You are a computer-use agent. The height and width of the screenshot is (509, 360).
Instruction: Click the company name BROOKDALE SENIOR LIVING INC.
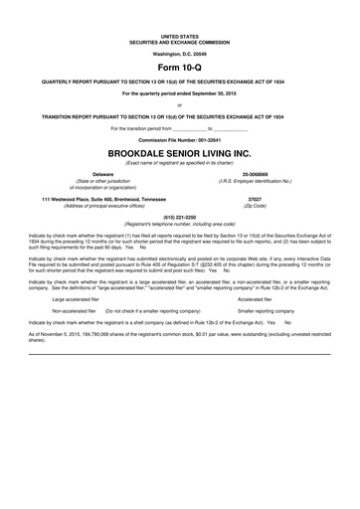[x=179, y=154]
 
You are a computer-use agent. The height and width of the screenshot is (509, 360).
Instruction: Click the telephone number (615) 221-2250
[x=179, y=216]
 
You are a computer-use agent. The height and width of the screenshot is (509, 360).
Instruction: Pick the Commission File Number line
[x=179, y=141]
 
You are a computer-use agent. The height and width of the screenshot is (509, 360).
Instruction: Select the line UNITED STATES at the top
[x=179, y=34]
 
